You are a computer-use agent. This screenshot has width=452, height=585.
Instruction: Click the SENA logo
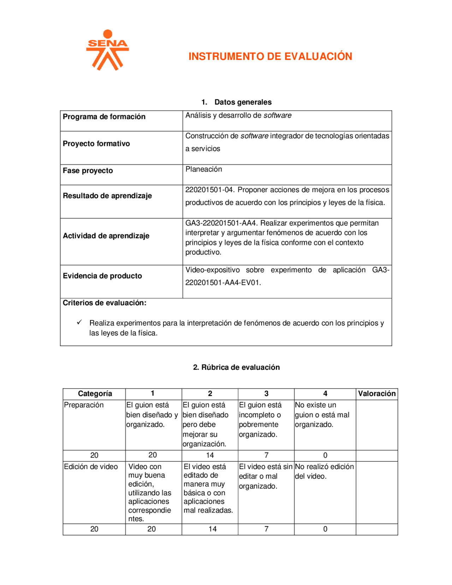(107, 50)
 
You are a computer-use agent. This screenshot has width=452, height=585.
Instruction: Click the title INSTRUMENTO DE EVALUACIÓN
(270, 57)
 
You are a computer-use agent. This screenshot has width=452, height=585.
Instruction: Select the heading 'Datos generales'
(243, 102)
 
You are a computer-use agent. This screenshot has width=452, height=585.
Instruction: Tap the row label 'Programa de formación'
(104, 117)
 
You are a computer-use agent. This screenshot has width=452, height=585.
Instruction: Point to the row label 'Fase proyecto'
(88, 171)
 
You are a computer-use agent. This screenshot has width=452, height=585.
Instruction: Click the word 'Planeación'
(204, 169)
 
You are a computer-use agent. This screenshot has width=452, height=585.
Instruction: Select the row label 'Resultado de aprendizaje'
(107, 196)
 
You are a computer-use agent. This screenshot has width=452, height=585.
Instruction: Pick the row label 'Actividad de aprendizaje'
(106, 236)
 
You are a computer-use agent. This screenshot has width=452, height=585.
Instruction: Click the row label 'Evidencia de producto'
(102, 276)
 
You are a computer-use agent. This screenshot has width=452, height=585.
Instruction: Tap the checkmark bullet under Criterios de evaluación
(79, 322)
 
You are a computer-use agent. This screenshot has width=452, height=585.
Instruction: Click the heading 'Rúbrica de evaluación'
(240, 367)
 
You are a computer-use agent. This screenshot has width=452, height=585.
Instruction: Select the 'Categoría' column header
(95, 394)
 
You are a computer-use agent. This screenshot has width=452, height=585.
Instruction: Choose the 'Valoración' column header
(376, 394)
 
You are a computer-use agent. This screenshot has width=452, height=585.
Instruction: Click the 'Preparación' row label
(84, 405)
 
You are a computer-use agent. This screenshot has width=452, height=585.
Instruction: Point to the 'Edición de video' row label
(91, 467)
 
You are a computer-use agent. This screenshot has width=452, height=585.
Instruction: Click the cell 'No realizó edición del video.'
(324, 471)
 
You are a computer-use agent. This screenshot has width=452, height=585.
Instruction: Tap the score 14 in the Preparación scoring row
(210, 455)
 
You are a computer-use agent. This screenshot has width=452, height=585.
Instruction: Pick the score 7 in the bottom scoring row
(266, 529)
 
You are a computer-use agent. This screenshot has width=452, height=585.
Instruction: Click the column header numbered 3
(266, 394)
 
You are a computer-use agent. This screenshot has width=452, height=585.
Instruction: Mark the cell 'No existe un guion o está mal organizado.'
(322, 415)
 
